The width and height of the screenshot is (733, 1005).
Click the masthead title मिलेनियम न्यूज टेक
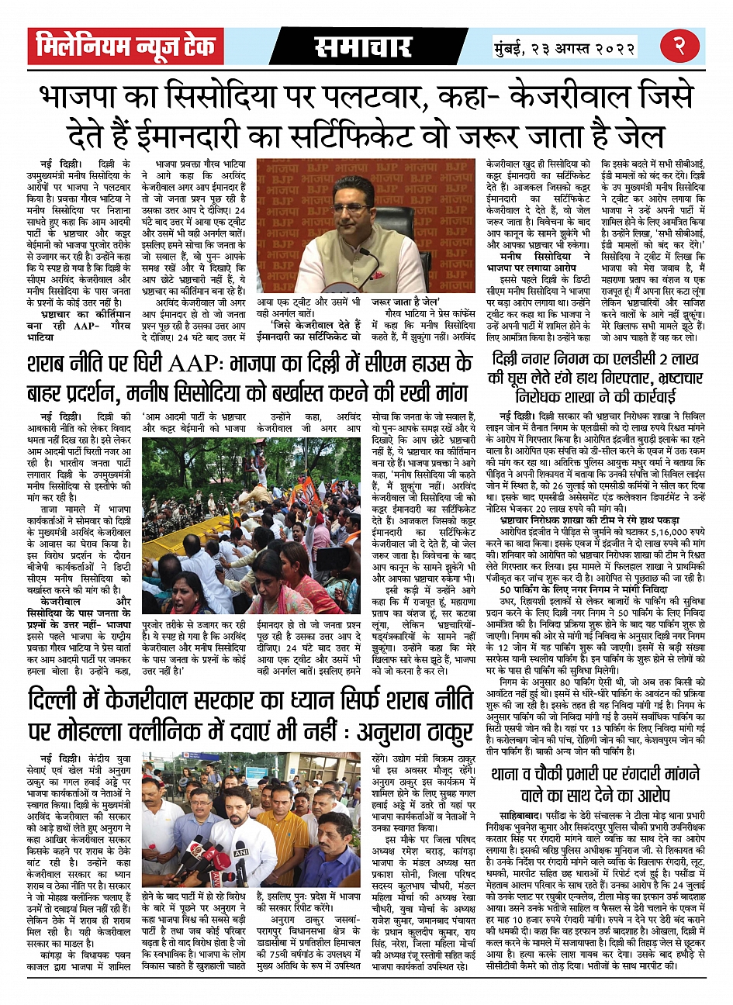(125, 47)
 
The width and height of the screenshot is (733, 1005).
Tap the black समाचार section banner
(362, 47)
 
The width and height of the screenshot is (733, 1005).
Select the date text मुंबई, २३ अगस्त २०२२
(564, 47)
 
